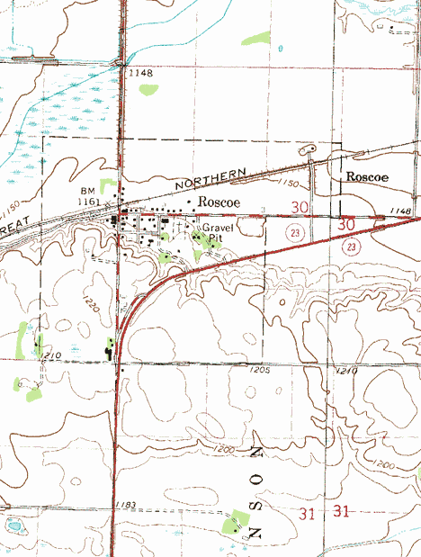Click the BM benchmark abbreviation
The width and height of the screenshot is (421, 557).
click(x=87, y=191)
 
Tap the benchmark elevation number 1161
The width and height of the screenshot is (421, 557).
click(x=88, y=202)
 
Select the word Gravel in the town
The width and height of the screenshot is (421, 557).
click(x=217, y=228)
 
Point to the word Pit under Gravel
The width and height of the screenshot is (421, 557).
click(x=214, y=238)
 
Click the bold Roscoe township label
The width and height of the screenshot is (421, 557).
click(x=367, y=177)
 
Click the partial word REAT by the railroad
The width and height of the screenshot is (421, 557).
click(x=10, y=230)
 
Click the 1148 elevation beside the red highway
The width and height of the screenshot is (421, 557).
click(x=400, y=211)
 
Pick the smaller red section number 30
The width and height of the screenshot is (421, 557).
click(x=301, y=208)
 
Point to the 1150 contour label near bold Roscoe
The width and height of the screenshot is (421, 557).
click(x=288, y=183)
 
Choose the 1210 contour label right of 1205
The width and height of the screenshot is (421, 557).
click(x=345, y=371)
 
